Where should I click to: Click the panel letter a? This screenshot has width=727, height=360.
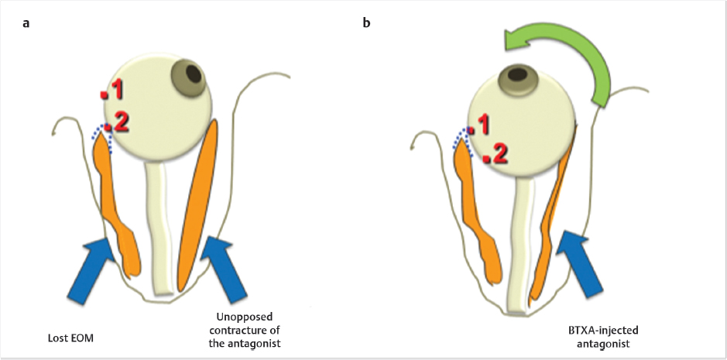point(26,22)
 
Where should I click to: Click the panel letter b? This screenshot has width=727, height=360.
point(367,22)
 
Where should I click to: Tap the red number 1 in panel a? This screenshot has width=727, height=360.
point(116,90)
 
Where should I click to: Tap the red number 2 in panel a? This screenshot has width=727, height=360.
point(121,121)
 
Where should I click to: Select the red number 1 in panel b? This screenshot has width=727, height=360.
point(482,124)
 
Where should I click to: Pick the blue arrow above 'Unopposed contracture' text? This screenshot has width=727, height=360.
point(225,267)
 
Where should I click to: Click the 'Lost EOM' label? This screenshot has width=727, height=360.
point(70,338)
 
